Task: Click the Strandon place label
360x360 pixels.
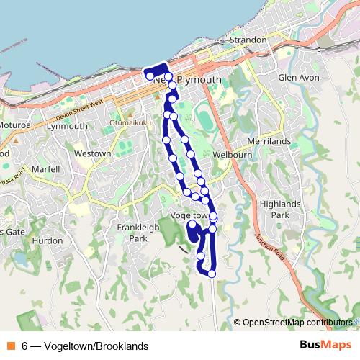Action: coord(248,40)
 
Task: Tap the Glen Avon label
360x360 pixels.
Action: coord(297,77)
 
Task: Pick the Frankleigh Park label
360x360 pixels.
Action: coord(132,233)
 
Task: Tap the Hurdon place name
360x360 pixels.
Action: coord(48,240)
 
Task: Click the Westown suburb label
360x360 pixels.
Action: coord(93,153)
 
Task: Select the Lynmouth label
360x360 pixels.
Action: coord(66,126)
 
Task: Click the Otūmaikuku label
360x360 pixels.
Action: coord(130,123)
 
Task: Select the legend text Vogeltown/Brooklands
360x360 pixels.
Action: coord(96,346)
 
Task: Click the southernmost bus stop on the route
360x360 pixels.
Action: coord(212,274)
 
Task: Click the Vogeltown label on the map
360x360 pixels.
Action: coord(189,216)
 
